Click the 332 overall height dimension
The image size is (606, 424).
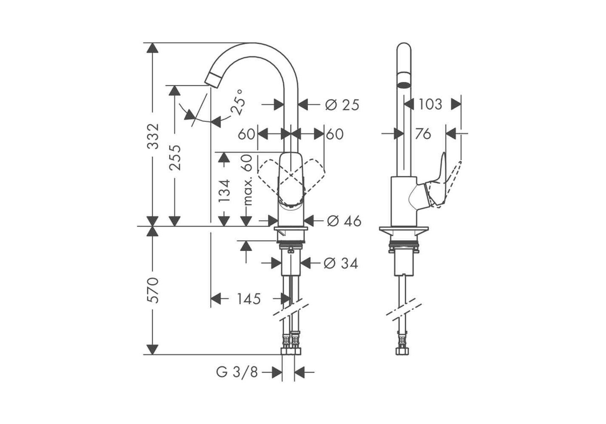coord(153,136)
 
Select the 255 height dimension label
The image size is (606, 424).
coord(175,157)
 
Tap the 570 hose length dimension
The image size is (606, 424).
coord(153,290)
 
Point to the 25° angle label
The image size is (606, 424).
coord(237,103)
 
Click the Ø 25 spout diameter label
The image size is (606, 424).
coord(342,105)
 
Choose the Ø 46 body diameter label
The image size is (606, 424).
coord(344,221)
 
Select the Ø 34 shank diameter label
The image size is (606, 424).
coord(341,263)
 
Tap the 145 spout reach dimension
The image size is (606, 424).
coord(249,299)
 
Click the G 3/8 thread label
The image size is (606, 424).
coord(237,372)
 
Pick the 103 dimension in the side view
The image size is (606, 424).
coord(430,104)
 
